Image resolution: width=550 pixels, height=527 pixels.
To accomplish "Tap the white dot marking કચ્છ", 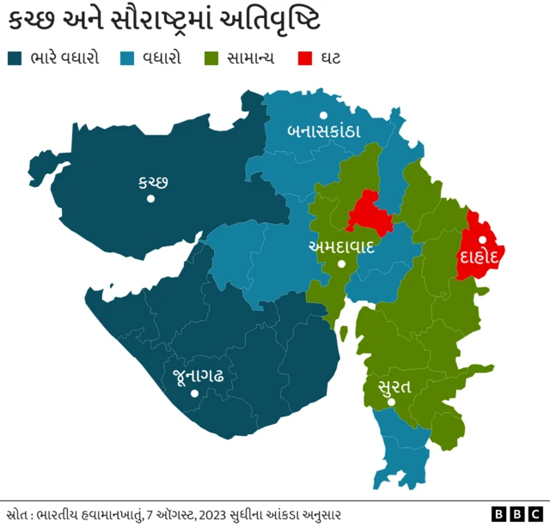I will point(150,199).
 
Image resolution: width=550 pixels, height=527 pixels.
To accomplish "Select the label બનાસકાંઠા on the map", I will point(323,131).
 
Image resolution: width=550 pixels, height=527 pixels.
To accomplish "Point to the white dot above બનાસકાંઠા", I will point(323,114).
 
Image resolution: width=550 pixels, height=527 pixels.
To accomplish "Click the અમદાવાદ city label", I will point(341,246).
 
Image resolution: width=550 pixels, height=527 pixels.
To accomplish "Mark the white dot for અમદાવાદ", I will point(342,264).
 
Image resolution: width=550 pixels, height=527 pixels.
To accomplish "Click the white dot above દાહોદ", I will point(483,239).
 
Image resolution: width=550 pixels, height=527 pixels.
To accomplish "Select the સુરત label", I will point(394,386).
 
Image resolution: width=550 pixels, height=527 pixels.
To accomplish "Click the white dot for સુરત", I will point(391,402).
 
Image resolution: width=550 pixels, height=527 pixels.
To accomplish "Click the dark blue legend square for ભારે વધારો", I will point(14,58).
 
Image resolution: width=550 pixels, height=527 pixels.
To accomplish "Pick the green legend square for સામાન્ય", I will point(211,58).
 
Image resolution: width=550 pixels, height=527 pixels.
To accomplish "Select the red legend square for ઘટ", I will point(303,58).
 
